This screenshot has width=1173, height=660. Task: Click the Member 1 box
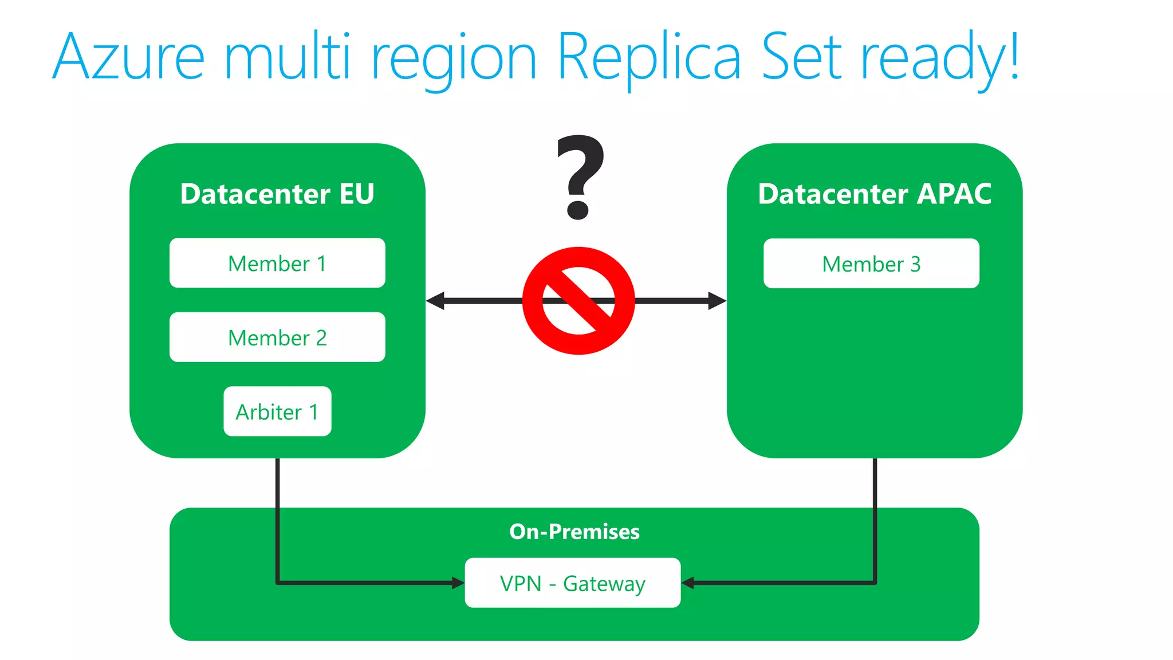pyautogui.click(x=277, y=263)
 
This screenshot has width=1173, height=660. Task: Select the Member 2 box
pyautogui.click(x=277, y=337)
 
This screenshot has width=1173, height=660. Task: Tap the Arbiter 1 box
pyautogui.click(x=277, y=411)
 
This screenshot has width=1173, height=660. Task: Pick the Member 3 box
pyautogui.click(x=871, y=264)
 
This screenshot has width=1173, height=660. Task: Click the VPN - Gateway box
pyautogui.click(x=573, y=583)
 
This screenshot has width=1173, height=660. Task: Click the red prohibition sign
pyautogui.click(x=578, y=301)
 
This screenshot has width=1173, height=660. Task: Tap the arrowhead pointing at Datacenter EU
pyautogui.click(x=435, y=300)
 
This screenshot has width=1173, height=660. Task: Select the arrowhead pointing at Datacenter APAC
pyautogui.click(x=717, y=300)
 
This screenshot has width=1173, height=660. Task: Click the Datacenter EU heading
pyautogui.click(x=277, y=194)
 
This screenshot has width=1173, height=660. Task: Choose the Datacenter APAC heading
pyautogui.click(x=875, y=194)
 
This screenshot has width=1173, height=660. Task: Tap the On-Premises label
pyautogui.click(x=574, y=532)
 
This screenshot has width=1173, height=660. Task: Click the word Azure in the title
pyautogui.click(x=128, y=57)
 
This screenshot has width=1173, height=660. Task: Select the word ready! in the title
pyautogui.click(x=940, y=57)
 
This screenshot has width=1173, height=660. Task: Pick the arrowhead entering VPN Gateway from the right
pyautogui.click(x=688, y=583)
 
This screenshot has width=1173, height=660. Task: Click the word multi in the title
pyautogui.click(x=287, y=57)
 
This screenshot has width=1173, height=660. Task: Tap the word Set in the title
pyautogui.click(x=802, y=57)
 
